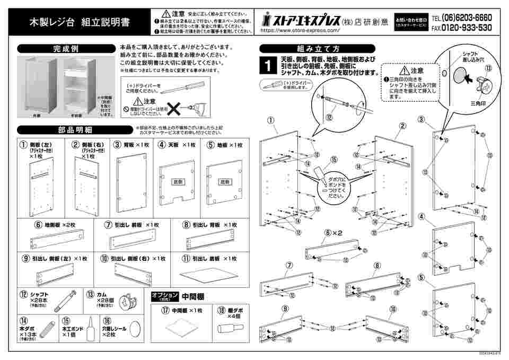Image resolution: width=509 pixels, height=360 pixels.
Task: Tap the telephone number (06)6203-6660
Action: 466,17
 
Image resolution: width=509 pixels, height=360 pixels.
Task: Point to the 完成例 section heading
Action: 66,49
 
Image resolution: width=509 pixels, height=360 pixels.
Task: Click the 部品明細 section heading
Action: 75,129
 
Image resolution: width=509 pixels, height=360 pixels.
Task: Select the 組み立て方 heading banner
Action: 314,49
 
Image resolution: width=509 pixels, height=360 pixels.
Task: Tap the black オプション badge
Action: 164,294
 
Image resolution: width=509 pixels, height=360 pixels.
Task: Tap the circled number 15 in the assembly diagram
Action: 334,159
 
